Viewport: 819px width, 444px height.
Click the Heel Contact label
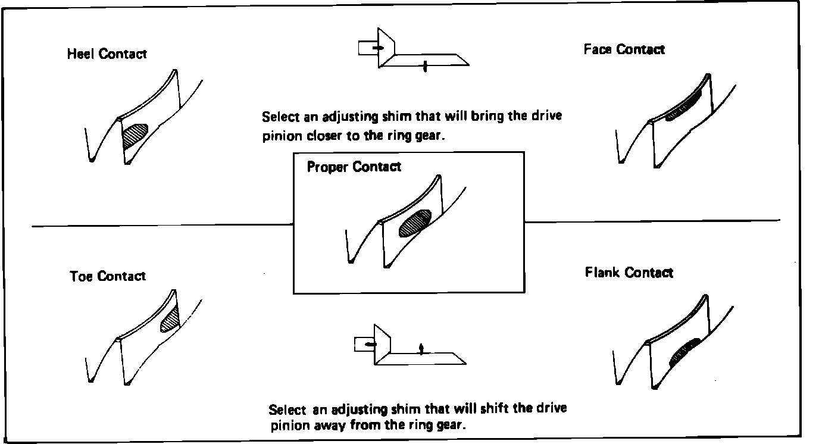click(x=107, y=54)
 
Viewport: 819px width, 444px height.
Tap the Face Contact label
click(x=624, y=49)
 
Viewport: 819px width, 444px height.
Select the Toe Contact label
click(x=107, y=276)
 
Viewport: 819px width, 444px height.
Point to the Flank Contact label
click(x=629, y=273)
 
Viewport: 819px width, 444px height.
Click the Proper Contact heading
click(x=354, y=167)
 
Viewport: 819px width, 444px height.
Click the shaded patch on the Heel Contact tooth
click(x=135, y=136)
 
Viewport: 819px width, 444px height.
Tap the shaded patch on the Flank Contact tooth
click(x=684, y=352)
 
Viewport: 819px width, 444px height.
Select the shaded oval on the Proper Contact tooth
click(x=415, y=223)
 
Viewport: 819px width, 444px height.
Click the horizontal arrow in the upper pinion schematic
click(x=378, y=47)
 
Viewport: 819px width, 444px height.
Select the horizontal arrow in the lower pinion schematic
click(x=370, y=344)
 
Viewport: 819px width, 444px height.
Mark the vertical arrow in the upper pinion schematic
click(x=425, y=66)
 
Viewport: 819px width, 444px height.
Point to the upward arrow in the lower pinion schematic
click(x=421, y=349)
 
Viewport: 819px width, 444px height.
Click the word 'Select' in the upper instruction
click(x=280, y=116)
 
